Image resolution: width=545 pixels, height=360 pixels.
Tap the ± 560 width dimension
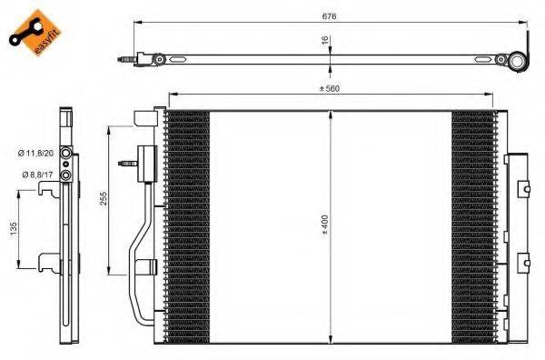pos(328,88)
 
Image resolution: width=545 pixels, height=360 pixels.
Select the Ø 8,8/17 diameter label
pos(32,174)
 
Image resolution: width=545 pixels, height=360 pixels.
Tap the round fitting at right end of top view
pos(519,63)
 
